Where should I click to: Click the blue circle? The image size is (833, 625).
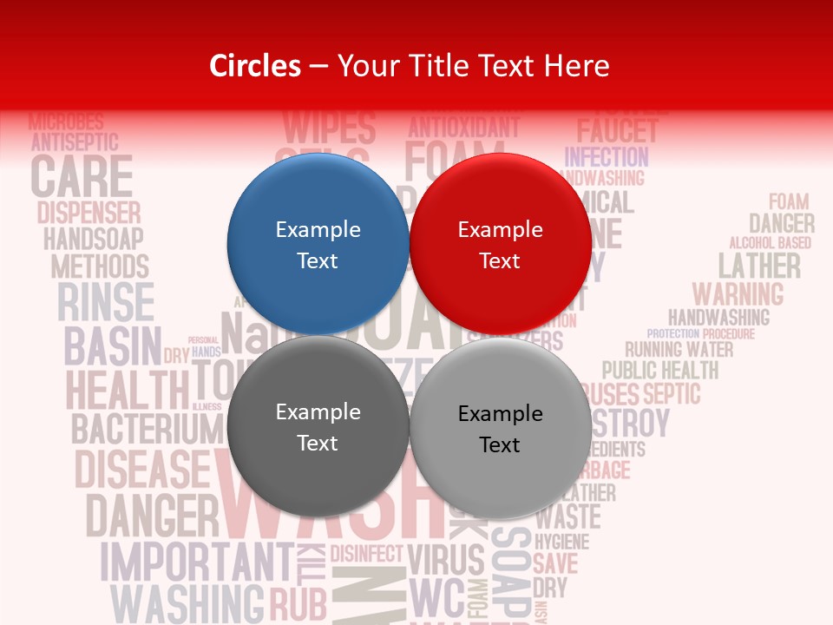pos(318,245)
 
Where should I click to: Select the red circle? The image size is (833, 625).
pos(500,245)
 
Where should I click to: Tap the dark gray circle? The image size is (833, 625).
pos(318,427)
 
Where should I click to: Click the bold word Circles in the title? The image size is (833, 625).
pos(254,65)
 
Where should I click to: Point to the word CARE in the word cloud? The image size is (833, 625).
pos(82,176)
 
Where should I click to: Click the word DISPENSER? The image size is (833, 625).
pos(89,213)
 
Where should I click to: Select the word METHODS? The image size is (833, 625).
pos(100,266)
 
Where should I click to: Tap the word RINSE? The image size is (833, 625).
pos(105,302)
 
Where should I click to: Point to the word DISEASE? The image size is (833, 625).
pos(142,470)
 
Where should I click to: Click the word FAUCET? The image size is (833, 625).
pos(618,132)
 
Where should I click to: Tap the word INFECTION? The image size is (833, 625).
pos(607,157)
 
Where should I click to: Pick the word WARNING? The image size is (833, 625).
pos(738,293)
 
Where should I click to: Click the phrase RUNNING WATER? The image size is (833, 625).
pos(679,350)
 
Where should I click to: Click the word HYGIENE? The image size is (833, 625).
pos(561,542)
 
